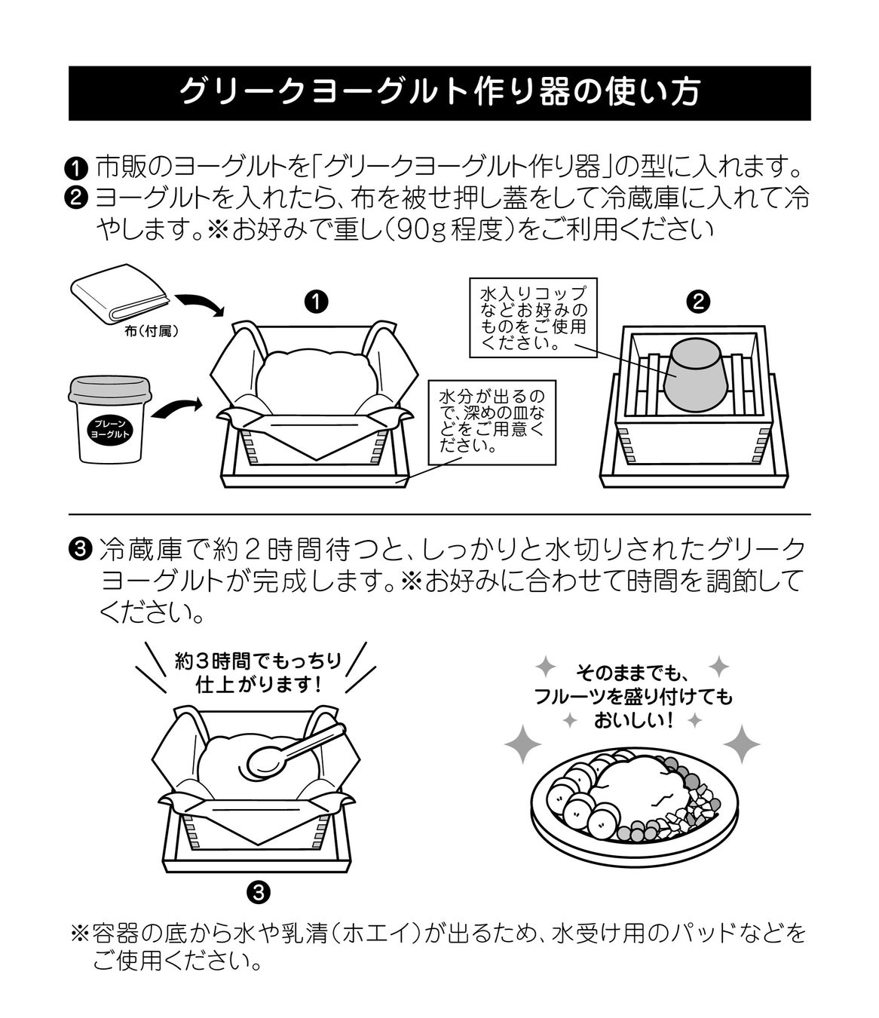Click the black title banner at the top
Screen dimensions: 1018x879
click(x=439, y=93)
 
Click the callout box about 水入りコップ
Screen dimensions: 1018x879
click(x=528, y=317)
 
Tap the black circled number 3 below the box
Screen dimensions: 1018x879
click(x=258, y=893)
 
